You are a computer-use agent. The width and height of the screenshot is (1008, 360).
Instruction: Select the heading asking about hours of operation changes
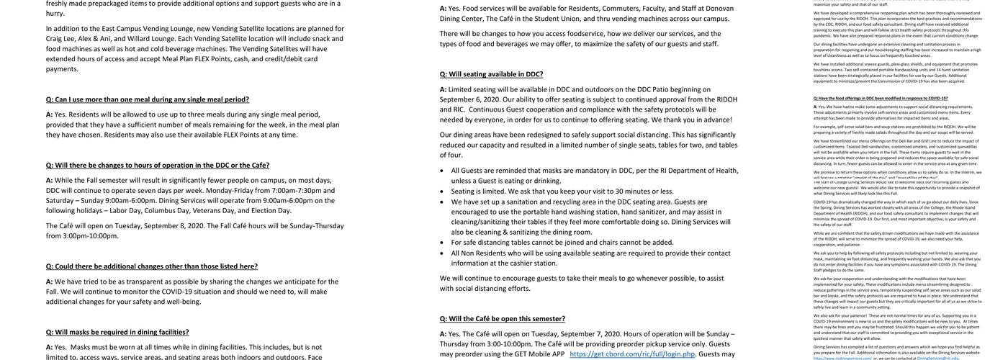(158, 165)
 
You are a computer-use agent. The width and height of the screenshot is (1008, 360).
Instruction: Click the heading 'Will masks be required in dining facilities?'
(117, 332)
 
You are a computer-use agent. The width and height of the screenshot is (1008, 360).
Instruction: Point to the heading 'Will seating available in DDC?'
(492, 74)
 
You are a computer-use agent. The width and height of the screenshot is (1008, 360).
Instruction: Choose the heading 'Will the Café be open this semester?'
(503, 319)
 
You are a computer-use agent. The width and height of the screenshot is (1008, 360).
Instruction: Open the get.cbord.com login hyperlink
(632, 354)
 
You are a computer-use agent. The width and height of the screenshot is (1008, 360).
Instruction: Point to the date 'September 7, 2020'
(590, 334)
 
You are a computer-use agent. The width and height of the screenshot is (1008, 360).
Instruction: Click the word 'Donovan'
(719, 9)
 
